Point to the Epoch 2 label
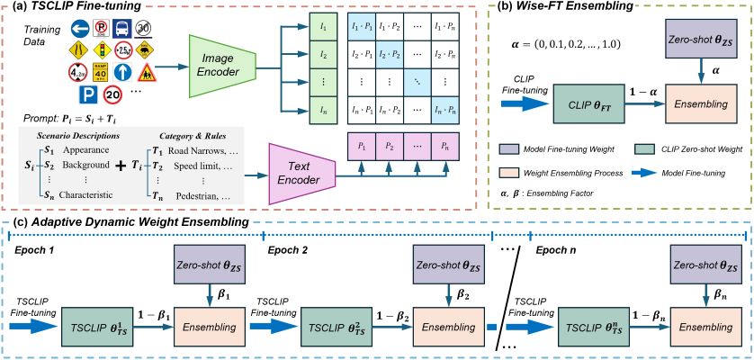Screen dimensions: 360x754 [x=288, y=249]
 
